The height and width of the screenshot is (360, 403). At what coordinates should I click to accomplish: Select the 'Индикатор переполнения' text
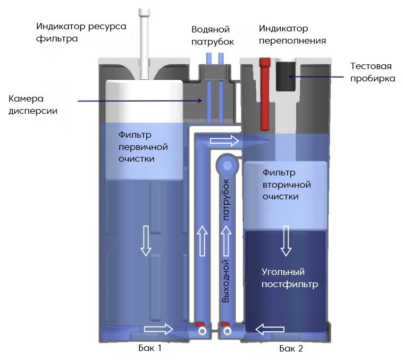(x=292, y=35)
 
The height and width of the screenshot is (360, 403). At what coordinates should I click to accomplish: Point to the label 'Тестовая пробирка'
(x=373, y=72)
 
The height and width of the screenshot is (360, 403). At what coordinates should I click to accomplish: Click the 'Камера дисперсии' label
(x=33, y=105)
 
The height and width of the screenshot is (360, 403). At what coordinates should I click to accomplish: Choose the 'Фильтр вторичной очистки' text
(x=287, y=185)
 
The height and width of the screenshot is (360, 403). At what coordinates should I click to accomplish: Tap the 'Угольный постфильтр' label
(x=290, y=278)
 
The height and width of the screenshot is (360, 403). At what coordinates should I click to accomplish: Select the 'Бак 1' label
(x=149, y=349)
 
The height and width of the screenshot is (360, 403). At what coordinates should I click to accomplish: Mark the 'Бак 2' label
(x=291, y=349)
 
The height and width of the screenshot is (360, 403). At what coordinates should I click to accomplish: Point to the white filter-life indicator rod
(x=144, y=43)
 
